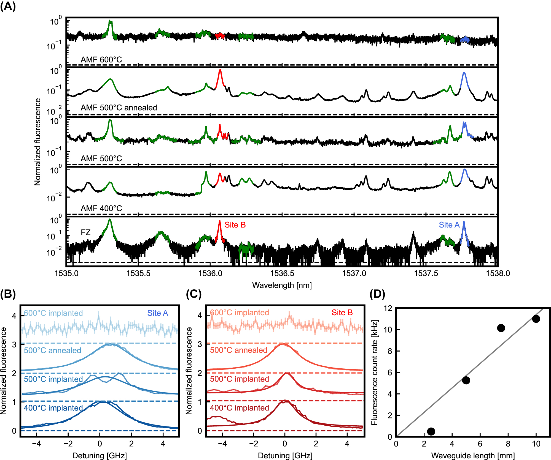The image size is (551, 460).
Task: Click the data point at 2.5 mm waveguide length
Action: coord(431,431)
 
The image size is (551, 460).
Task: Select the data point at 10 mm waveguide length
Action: coord(536,319)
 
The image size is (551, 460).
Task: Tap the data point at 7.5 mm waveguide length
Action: coord(501,328)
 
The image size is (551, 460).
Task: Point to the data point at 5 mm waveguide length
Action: coord(466,380)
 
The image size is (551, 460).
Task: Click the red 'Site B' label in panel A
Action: coord(235,225)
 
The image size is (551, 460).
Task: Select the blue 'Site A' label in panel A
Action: coord(449,225)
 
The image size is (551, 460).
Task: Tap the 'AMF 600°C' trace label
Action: coord(101,59)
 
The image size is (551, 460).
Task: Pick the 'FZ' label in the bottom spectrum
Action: coord(85,232)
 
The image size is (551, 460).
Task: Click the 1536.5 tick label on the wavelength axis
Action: coord(282,273)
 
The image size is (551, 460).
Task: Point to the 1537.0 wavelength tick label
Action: coord(354,273)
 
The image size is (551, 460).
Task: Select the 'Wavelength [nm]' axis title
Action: coord(282,285)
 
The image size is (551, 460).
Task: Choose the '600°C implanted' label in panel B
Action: coord(53,313)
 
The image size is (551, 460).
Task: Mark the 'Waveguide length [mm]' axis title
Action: coord(473,455)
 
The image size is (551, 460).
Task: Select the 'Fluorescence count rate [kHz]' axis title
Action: coord(374,372)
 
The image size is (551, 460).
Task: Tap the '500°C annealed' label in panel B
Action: coord(52,350)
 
